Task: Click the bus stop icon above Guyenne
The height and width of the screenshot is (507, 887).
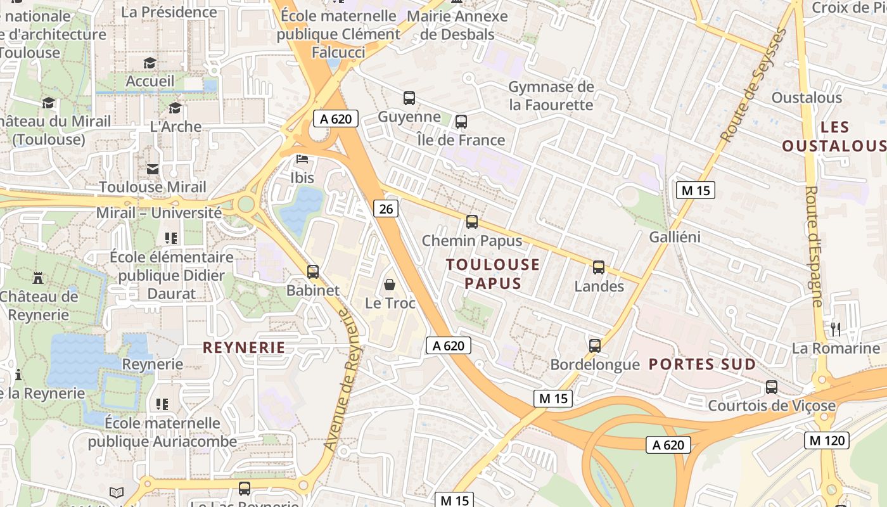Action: [x=409, y=98]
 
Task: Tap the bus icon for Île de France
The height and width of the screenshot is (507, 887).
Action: [x=461, y=122]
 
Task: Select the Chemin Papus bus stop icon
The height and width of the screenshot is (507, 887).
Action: [x=472, y=222]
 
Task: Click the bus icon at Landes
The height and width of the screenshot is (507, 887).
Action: [x=599, y=267]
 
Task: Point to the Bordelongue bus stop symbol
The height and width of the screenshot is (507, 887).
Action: [x=595, y=345]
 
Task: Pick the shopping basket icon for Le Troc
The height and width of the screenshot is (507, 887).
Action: [x=390, y=285]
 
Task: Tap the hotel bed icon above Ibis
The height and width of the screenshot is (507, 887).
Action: [x=302, y=159]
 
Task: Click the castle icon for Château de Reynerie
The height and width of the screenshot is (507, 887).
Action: [x=38, y=278]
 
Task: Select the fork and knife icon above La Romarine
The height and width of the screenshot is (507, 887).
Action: [x=836, y=329]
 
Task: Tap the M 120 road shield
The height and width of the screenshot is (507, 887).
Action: [x=827, y=440]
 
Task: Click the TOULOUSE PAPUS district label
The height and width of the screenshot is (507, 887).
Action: [x=493, y=274]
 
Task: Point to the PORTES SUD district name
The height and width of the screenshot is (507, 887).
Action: [x=703, y=364]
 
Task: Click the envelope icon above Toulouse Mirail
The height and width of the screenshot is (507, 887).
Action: [x=153, y=169]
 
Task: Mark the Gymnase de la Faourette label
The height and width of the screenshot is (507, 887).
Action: [x=551, y=96]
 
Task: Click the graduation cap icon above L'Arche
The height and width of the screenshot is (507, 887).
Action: [x=175, y=108]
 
